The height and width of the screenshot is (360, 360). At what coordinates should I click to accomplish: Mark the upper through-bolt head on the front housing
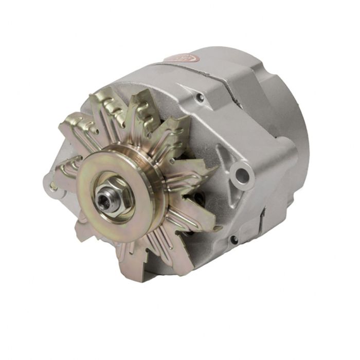[200, 97]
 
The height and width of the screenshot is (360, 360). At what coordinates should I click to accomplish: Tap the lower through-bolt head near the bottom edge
[233, 239]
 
